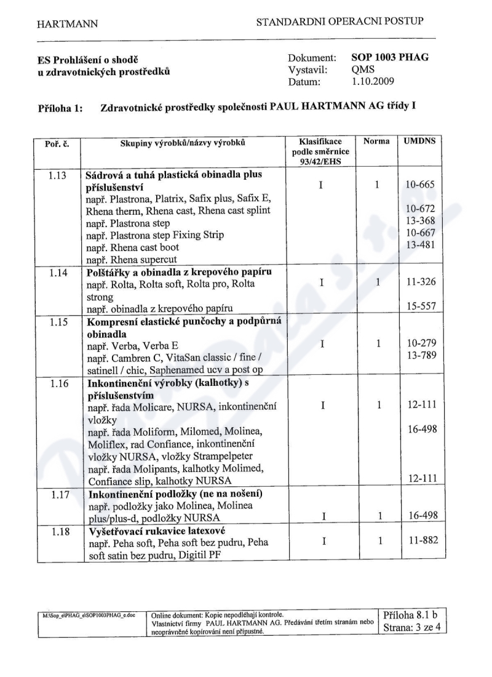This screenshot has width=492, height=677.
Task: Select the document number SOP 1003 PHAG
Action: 390,58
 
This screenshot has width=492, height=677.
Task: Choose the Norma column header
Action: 376,142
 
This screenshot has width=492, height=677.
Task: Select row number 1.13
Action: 57,175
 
